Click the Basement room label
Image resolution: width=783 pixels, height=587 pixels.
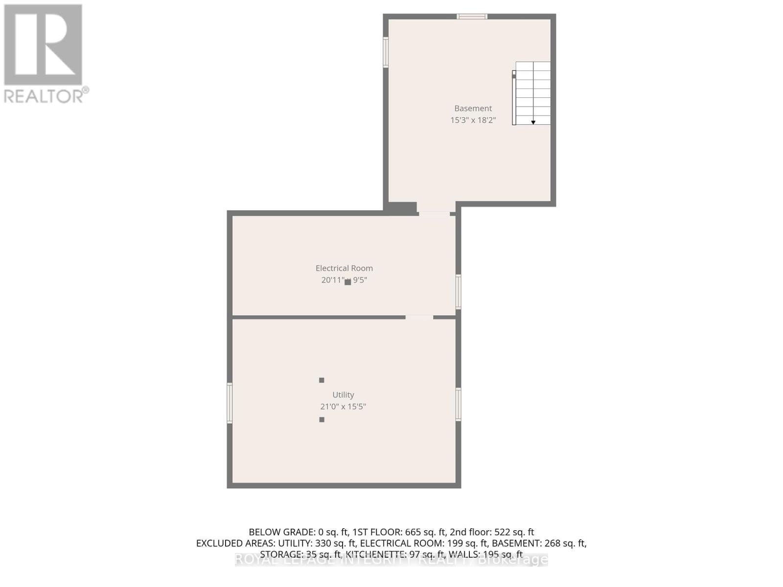tap(473, 109)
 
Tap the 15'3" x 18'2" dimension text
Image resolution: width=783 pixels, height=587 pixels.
tap(473, 120)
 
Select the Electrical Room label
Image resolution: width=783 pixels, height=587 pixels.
tap(344, 268)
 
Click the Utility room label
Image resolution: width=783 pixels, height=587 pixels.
tap(343, 395)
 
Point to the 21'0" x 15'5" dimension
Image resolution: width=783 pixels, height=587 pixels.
tap(343, 406)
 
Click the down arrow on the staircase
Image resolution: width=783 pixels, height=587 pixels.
tap(533, 122)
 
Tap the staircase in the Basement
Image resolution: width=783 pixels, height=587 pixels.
tap(532, 93)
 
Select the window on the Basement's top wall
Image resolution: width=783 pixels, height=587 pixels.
tap(472, 17)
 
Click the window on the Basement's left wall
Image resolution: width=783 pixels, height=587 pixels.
tap(386, 52)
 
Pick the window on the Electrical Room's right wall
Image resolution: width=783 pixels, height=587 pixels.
tap(458, 292)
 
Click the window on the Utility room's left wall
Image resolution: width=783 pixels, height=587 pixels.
tap(230, 403)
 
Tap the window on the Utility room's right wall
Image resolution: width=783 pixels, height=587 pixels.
tap(458, 404)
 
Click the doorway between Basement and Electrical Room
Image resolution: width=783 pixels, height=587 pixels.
tap(434, 213)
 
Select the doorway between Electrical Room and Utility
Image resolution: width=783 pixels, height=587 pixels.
tap(419, 317)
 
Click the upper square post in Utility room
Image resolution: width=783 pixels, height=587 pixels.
tap(322, 380)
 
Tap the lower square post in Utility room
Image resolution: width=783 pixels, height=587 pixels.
tap(322, 420)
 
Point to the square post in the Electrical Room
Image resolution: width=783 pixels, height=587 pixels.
tap(347, 282)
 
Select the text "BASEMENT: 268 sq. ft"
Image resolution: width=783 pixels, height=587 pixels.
tap(539, 543)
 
